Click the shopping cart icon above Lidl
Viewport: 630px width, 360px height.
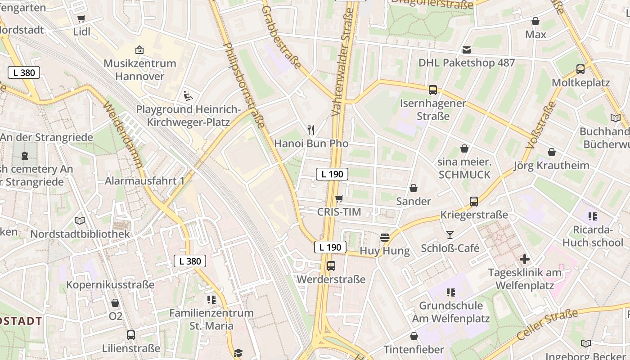(x=81, y=18)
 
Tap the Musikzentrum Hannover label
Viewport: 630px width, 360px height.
(x=140, y=69)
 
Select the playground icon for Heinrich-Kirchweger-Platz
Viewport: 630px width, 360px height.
(x=188, y=95)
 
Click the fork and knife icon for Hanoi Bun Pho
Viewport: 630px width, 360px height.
(x=311, y=130)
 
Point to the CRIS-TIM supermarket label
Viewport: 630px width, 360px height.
(x=339, y=212)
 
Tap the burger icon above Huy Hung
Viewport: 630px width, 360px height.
(x=384, y=237)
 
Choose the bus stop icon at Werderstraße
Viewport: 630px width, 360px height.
(x=331, y=266)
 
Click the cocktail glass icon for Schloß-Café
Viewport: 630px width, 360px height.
(x=450, y=234)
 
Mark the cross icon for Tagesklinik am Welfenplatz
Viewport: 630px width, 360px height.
(x=525, y=259)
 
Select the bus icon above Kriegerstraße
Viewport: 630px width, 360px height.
(x=474, y=202)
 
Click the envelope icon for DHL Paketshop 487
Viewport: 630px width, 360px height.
(x=466, y=49)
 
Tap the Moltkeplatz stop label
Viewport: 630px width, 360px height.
(x=580, y=83)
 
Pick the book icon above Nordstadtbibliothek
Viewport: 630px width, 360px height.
(x=80, y=220)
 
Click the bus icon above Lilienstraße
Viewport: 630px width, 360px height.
(x=131, y=335)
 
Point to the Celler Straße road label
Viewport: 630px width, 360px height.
(x=547, y=325)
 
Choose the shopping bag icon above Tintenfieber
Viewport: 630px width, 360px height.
(x=414, y=336)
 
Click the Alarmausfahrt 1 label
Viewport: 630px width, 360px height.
(x=144, y=181)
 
